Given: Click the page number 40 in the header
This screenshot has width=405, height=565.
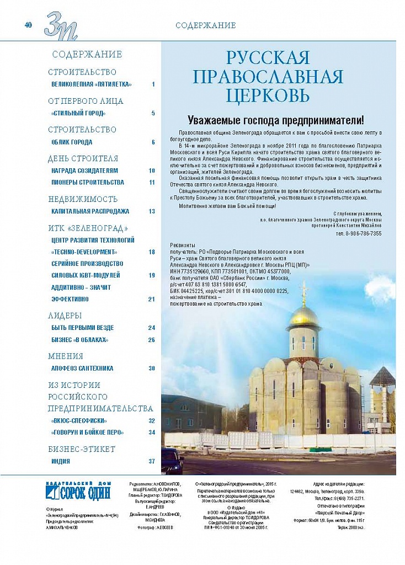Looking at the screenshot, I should click(28, 25).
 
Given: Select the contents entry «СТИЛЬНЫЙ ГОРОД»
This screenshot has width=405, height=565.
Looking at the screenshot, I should click(78, 113).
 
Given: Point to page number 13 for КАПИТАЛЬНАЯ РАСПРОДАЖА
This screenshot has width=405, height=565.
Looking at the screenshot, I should click(152, 211).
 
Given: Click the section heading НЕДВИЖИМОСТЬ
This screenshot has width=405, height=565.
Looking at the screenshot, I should click(83, 199).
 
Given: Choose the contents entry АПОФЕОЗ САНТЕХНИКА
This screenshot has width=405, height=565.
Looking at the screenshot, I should click(82, 368).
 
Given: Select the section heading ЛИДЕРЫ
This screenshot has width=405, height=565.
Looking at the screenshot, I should click(65, 316).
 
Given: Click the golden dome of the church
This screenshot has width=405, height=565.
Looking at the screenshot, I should click(303, 317).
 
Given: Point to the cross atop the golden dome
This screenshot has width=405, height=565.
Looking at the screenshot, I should click(303, 290).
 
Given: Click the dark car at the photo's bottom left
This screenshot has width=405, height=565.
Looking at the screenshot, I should click(172, 459).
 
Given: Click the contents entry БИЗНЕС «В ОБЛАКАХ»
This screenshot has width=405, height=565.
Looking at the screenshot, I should click(80, 339).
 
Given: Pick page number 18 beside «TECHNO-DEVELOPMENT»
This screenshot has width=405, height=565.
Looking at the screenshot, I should click(152, 252).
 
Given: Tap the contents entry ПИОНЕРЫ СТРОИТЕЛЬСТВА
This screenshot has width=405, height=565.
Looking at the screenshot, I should click(87, 182).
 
